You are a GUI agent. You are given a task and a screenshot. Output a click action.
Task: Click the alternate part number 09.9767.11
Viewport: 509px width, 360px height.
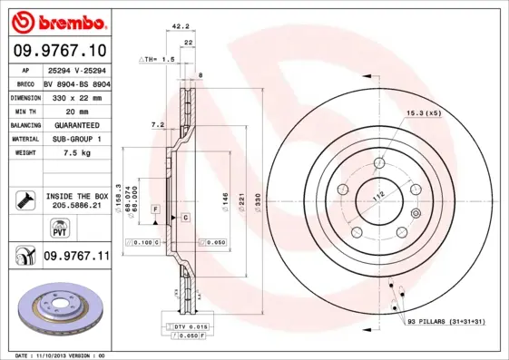click(x=76, y=257)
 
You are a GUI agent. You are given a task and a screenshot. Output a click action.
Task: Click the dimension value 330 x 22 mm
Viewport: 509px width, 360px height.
click(x=76, y=96)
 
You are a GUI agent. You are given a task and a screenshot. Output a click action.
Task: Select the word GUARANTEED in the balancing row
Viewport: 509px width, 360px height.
click(x=76, y=124)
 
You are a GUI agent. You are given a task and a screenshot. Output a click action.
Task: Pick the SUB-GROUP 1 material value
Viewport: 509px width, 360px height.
click(x=76, y=139)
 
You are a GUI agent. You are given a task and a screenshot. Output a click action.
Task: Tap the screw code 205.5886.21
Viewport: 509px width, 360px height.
click(x=76, y=206)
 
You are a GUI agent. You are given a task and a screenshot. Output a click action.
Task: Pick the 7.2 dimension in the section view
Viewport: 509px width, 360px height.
click(x=156, y=123)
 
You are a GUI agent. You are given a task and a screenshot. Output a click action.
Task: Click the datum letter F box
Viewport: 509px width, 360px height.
click(x=155, y=209)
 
